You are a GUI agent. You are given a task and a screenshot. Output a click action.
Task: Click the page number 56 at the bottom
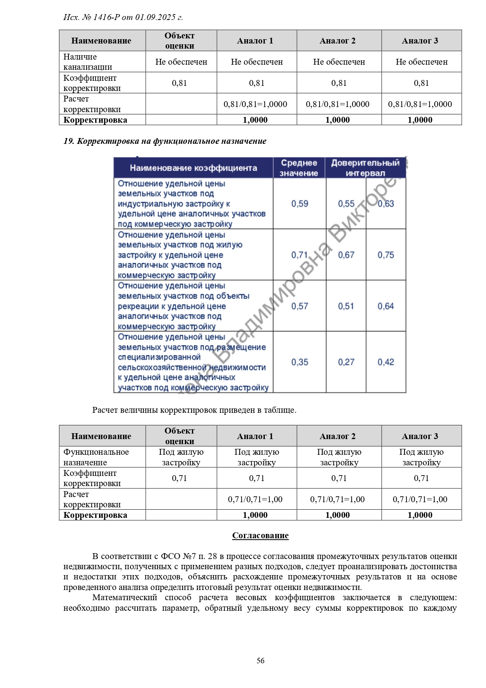coord(260,661)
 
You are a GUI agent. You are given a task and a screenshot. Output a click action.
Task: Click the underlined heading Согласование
coord(260,536)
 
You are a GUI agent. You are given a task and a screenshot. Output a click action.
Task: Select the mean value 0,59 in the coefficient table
coord(300,204)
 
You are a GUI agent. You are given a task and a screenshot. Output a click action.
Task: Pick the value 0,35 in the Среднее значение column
coord(300,362)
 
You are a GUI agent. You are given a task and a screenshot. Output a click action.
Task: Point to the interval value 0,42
coord(386,362)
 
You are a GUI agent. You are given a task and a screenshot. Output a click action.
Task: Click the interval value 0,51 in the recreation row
coord(346,306)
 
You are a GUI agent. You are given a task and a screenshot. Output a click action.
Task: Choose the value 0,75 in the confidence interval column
coord(386,255)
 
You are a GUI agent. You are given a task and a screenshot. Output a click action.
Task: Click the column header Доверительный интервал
coord(365,168)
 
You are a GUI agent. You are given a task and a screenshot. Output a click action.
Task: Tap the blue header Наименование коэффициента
coord(193,168)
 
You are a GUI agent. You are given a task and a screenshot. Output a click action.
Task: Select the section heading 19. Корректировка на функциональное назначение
coord(165,141)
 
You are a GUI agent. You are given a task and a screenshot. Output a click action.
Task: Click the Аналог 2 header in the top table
coord(338,41)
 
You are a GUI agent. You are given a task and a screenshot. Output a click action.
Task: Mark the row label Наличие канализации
coord(88,62)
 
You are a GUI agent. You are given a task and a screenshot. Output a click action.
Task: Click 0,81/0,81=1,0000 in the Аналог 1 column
coord(255,104)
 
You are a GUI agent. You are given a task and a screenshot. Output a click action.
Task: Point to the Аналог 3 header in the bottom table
coord(420,436)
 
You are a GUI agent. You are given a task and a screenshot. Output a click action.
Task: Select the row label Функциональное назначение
coord(96,457)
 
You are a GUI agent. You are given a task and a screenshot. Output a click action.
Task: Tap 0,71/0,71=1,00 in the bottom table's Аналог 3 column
coord(420,499)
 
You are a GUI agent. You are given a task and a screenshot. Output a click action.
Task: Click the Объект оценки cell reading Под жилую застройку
coord(181,457)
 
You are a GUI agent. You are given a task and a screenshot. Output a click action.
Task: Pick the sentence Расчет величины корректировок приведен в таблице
coord(194,410)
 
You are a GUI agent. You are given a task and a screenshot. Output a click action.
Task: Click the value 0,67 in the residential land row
coord(346,255)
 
